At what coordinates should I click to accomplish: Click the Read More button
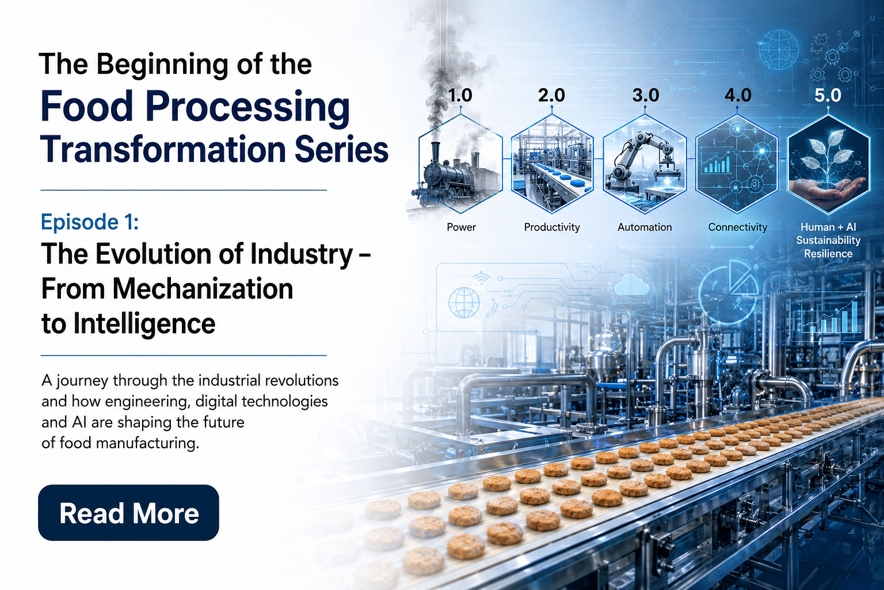click(129, 513)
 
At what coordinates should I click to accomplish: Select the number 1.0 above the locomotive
click(460, 95)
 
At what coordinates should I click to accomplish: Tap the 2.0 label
click(552, 95)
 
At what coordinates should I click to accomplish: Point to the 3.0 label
click(646, 95)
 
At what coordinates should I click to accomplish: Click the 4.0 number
click(738, 95)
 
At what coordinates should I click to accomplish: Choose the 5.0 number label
click(828, 95)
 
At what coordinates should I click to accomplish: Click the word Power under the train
click(462, 227)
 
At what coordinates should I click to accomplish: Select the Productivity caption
click(552, 228)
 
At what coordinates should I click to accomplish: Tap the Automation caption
click(645, 227)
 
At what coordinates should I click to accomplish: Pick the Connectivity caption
click(738, 228)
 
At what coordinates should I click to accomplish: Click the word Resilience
click(828, 254)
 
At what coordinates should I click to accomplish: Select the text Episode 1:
click(90, 222)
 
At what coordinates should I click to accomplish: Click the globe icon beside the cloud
click(464, 302)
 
